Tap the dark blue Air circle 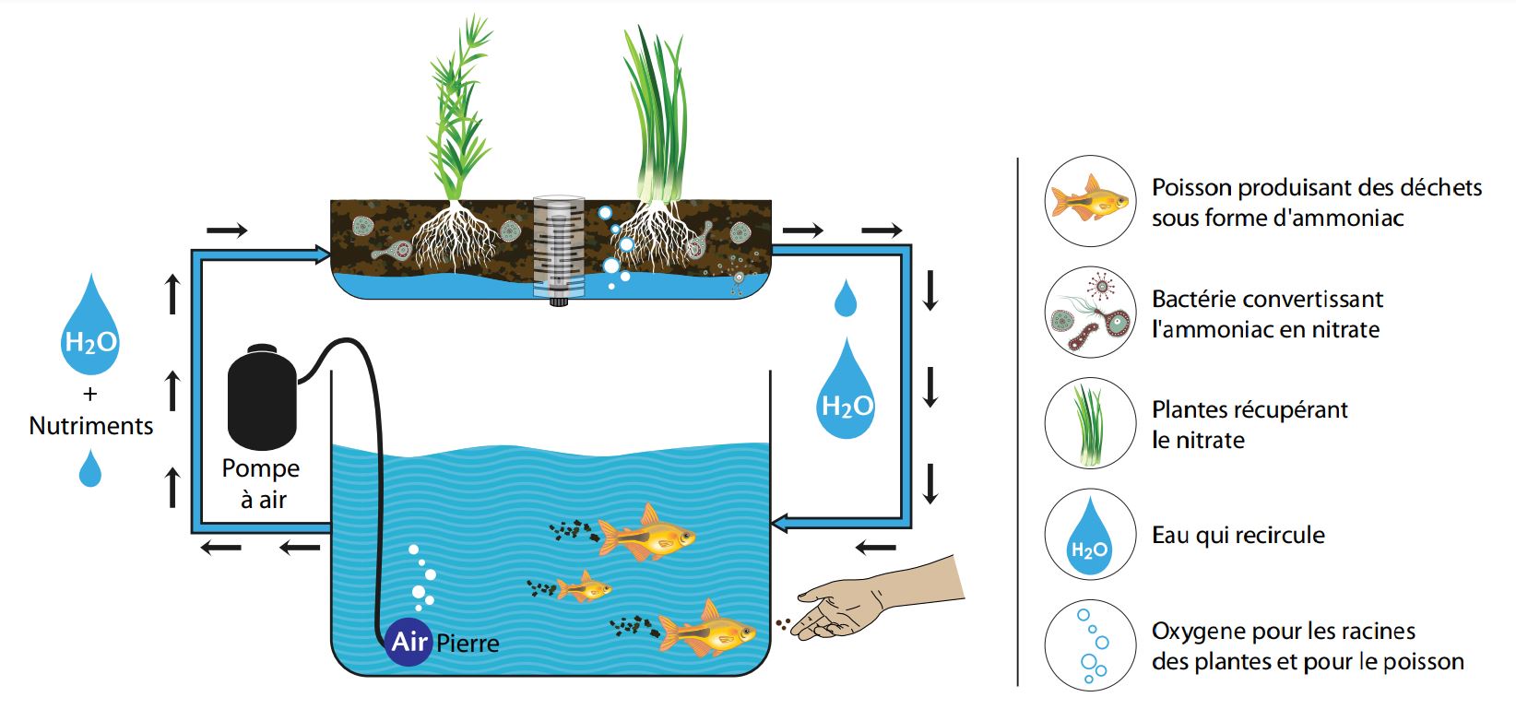click(x=409, y=641)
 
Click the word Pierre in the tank click(x=468, y=643)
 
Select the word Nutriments click(x=91, y=426)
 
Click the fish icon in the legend click(x=1090, y=200)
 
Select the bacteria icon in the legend click(x=1090, y=313)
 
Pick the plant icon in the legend click(x=1089, y=424)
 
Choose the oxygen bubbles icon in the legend click(x=1090, y=644)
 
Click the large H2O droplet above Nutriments click(x=90, y=328)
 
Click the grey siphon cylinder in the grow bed click(x=561, y=246)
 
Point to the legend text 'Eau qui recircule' click(x=1238, y=536)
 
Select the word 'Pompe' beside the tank click(x=261, y=468)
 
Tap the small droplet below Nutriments click(x=90, y=468)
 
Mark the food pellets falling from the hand click(x=783, y=625)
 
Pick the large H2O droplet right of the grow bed click(x=847, y=392)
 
